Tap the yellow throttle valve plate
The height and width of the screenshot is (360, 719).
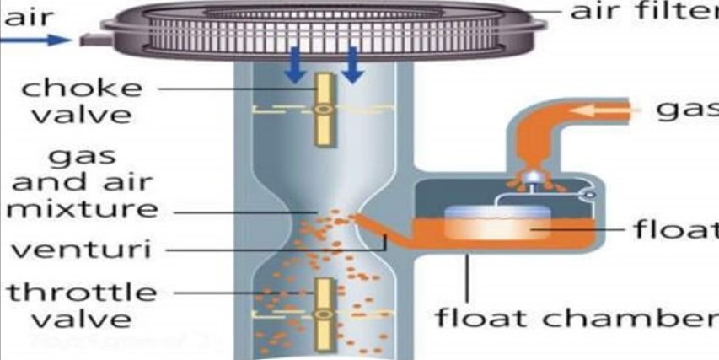click(321, 312)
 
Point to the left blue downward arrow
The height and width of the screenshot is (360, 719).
click(294, 66)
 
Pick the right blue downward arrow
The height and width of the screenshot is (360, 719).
click(351, 66)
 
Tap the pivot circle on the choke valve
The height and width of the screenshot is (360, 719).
click(321, 110)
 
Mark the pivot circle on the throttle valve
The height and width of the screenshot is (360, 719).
click(321, 314)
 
